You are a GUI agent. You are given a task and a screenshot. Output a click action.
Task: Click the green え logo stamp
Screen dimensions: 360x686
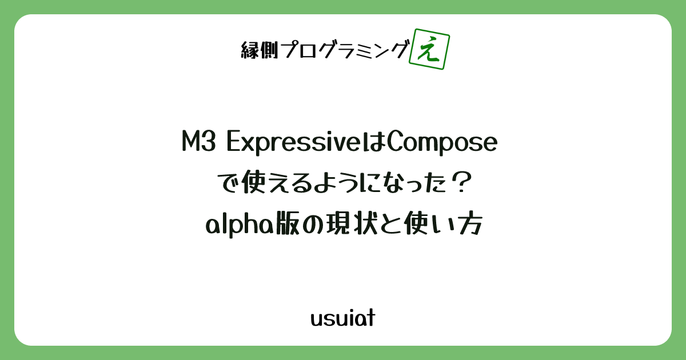point(429,50)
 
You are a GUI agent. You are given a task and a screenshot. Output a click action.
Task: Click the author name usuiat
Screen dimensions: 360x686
point(342,318)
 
